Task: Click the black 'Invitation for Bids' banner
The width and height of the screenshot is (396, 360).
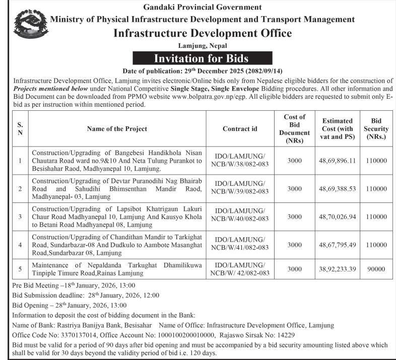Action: click(x=202, y=58)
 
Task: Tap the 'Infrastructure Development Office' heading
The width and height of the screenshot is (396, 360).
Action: click(x=203, y=33)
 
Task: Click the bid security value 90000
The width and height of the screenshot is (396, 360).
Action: click(x=376, y=269)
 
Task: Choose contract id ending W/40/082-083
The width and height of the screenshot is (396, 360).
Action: click(x=239, y=214)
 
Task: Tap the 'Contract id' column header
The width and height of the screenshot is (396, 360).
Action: click(x=239, y=129)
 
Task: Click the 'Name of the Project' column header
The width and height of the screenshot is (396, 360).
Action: click(x=116, y=129)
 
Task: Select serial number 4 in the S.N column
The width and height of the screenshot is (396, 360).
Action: click(x=20, y=245)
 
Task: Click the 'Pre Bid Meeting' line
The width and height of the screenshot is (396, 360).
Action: click(x=68, y=285)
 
